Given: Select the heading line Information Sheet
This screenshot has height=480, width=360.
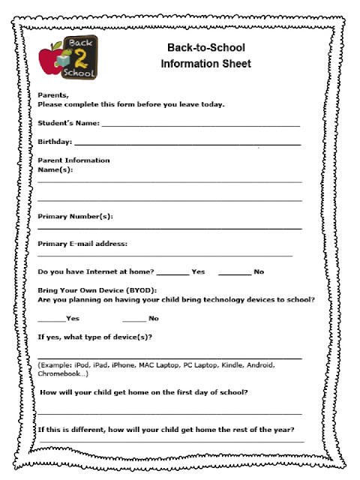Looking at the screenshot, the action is pos(205,64).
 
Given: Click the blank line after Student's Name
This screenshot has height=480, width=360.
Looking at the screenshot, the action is pos(200,124).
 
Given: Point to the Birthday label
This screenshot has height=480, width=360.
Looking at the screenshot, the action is pos(55,141).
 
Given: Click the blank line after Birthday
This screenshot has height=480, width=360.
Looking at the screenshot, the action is pos(187,142).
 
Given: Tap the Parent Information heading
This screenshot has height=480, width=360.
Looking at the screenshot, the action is pos(73,160).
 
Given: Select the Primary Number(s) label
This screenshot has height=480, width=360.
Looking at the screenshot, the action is pos(75,217).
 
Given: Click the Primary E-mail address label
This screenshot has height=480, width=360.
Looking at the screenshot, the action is pos(82,243).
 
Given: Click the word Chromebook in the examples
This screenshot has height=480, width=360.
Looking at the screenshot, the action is pos(61,373).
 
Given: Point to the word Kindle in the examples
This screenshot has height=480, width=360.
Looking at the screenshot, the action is pos(232,365).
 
